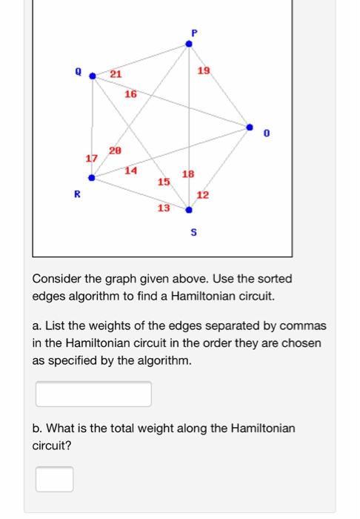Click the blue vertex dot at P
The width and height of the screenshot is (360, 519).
tap(188, 44)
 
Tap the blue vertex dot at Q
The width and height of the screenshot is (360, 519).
tap(93, 75)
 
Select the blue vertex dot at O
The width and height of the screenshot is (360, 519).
tap(250, 127)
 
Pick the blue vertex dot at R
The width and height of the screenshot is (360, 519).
tap(92, 178)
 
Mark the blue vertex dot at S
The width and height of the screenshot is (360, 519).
tap(188, 210)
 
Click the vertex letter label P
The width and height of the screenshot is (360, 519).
tap(194, 32)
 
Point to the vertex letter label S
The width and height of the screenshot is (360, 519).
tap(194, 233)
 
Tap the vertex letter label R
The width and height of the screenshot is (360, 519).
tap(76, 195)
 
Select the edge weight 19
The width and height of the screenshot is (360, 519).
tap(204, 70)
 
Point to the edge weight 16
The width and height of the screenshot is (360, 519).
tap(130, 94)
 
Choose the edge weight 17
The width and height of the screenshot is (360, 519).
tap(91, 159)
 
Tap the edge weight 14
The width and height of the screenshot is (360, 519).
tap(130, 171)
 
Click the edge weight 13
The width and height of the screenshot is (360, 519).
tap(164, 208)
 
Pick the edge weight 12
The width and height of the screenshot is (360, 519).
tap(202, 195)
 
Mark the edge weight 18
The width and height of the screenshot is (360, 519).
tap(188, 174)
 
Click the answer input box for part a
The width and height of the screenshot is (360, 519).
tap(93, 394)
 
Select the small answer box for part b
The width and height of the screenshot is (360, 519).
tap(55, 479)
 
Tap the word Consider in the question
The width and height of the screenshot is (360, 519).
tap(56, 279)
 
